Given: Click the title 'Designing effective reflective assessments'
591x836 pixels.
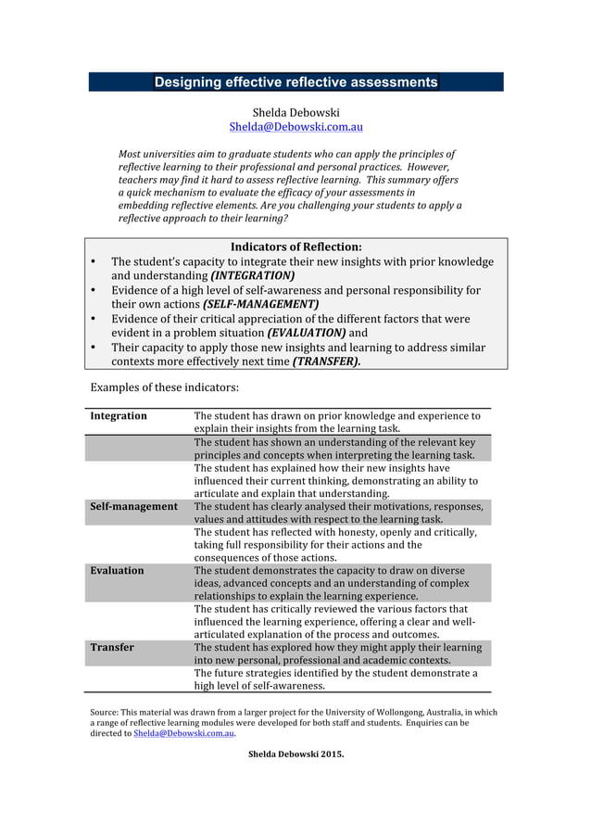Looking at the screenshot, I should coord(295,82).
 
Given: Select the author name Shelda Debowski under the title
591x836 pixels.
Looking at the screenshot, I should coord(295,112).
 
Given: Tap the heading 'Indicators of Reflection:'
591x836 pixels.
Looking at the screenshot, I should coord(295,247).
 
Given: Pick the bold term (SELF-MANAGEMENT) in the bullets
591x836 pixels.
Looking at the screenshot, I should coord(260,304).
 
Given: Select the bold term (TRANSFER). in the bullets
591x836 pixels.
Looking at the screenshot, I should coord(327,361).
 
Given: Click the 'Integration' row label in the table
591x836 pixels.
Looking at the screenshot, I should coord(119,416).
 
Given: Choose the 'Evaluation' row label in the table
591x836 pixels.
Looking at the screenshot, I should coord(117,571).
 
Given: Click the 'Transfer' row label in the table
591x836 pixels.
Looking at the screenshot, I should coord(112,648).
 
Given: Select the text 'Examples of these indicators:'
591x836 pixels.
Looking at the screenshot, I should coord(165,386).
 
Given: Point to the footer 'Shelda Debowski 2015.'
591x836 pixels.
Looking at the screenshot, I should coord(295,754).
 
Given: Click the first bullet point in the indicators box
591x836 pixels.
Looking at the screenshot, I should coord(94,262).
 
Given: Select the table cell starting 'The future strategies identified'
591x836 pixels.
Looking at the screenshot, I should coord(335,679).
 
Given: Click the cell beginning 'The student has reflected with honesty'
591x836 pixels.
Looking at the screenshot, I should coord(335,545).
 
